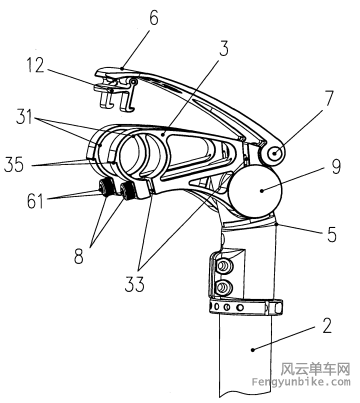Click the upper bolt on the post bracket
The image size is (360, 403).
coord(223,268)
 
